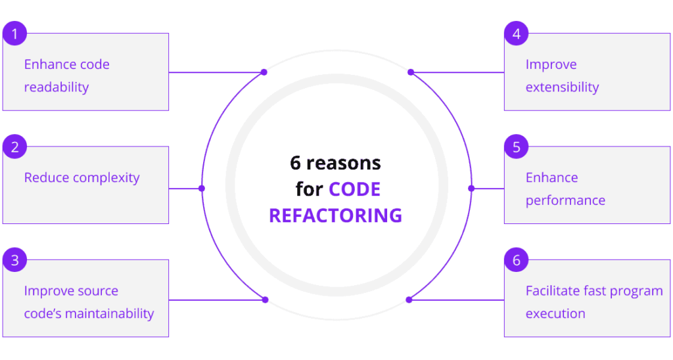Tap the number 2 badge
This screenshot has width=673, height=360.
pos(14,146)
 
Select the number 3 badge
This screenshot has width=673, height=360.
pos(14,260)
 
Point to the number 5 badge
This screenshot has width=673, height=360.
pos(517,146)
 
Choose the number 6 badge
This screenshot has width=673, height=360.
pos(517,260)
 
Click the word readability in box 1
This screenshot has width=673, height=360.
pos(56,87)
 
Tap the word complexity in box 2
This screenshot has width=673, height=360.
pos(106,178)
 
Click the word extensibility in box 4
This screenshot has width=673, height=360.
pos(562,87)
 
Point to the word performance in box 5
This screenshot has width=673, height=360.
pos(565,200)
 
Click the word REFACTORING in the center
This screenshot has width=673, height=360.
pos(335,215)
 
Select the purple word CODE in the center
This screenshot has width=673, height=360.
pos(355,189)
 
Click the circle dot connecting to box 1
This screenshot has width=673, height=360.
pos(264,72)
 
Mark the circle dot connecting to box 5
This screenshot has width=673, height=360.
pos(471,189)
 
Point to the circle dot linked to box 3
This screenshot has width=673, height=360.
pos(265,300)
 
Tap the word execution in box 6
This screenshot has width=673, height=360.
pos(555,314)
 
